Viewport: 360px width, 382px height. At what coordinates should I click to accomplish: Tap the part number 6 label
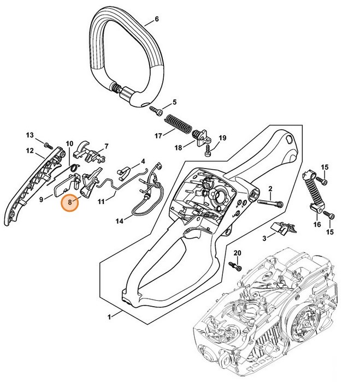click(x=157, y=20)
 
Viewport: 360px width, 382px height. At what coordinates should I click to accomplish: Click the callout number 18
click(x=178, y=147)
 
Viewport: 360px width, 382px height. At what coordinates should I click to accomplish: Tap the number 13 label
click(x=30, y=135)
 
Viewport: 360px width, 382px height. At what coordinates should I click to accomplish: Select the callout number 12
click(x=30, y=151)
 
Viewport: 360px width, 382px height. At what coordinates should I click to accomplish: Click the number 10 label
click(x=69, y=144)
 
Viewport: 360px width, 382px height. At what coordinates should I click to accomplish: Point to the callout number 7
click(x=106, y=146)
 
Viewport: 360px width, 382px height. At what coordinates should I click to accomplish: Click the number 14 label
click(x=120, y=222)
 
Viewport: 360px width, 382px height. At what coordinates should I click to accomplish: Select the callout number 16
click(x=317, y=224)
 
